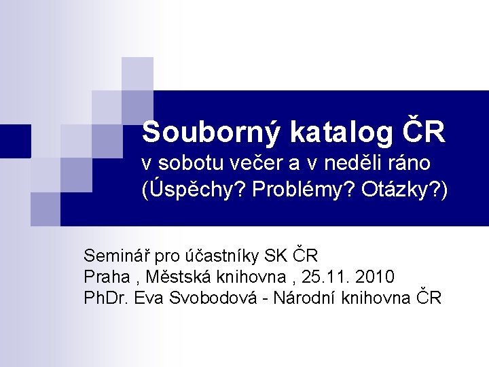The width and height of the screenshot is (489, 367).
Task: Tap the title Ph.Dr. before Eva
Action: coord(107,298)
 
